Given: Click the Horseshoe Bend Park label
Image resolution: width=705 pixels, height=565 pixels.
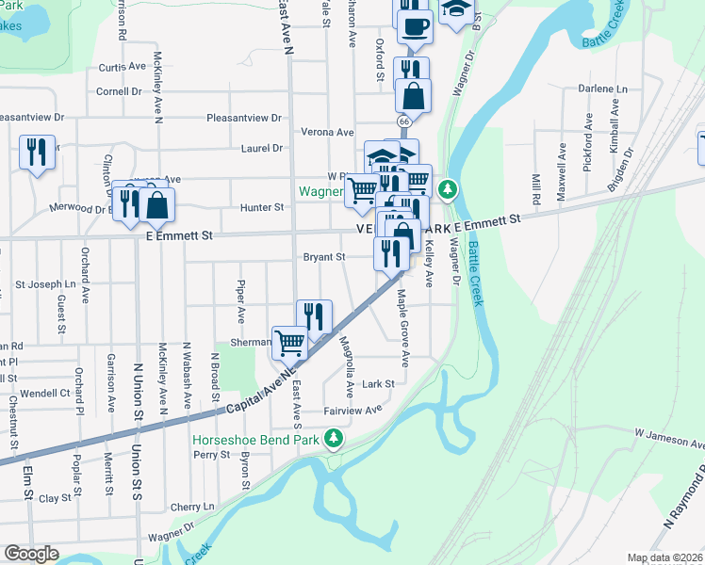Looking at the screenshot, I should (x=257, y=440).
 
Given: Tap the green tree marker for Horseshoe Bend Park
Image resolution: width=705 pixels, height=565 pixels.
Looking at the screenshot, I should (x=333, y=438).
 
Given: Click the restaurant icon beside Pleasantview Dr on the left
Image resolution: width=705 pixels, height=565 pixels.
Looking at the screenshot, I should (x=36, y=152).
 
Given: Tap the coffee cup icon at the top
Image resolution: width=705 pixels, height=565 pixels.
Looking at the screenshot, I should (x=414, y=25).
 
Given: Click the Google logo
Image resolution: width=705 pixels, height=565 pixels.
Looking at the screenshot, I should (x=31, y=554).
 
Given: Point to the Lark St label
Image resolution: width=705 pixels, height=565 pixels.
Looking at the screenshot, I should (x=377, y=383).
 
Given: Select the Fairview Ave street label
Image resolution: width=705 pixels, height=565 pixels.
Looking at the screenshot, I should (x=352, y=410).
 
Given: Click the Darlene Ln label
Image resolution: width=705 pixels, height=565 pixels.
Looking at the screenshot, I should (x=602, y=89).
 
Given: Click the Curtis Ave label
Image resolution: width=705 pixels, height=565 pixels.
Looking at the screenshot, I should (x=123, y=68).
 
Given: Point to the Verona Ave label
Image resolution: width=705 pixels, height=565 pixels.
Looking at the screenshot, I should (x=327, y=133).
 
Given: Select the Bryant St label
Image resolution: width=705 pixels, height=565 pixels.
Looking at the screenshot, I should (x=324, y=256).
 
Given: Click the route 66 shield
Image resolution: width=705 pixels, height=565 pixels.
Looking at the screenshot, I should (x=403, y=121).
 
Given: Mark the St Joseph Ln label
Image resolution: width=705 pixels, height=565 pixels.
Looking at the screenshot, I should (x=44, y=283).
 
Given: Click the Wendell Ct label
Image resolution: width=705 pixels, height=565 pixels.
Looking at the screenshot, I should (x=45, y=393).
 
